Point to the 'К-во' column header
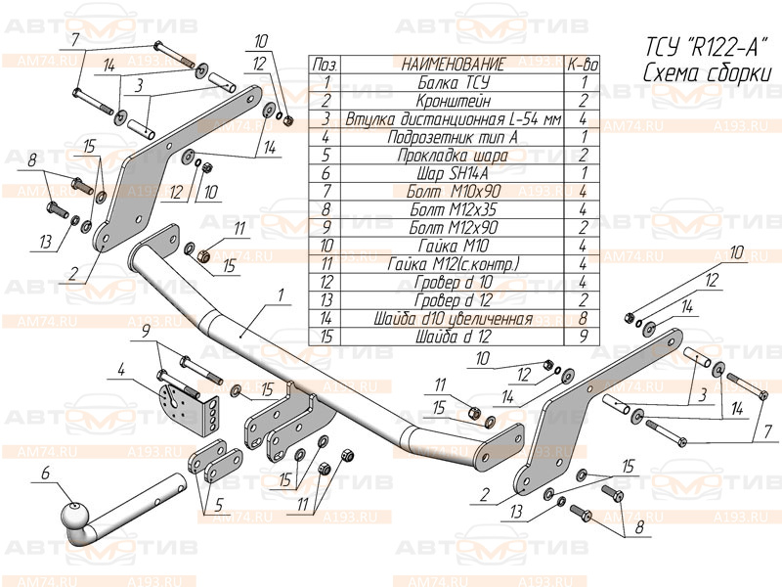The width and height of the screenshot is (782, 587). click(x=582, y=65)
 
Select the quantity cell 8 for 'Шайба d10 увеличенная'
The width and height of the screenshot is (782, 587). click(x=582, y=319)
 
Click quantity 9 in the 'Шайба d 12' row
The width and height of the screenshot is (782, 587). click(x=582, y=338)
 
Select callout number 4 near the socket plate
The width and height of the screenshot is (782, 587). click(x=121, y=370)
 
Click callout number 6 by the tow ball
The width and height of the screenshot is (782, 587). click(x=45, y=475)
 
